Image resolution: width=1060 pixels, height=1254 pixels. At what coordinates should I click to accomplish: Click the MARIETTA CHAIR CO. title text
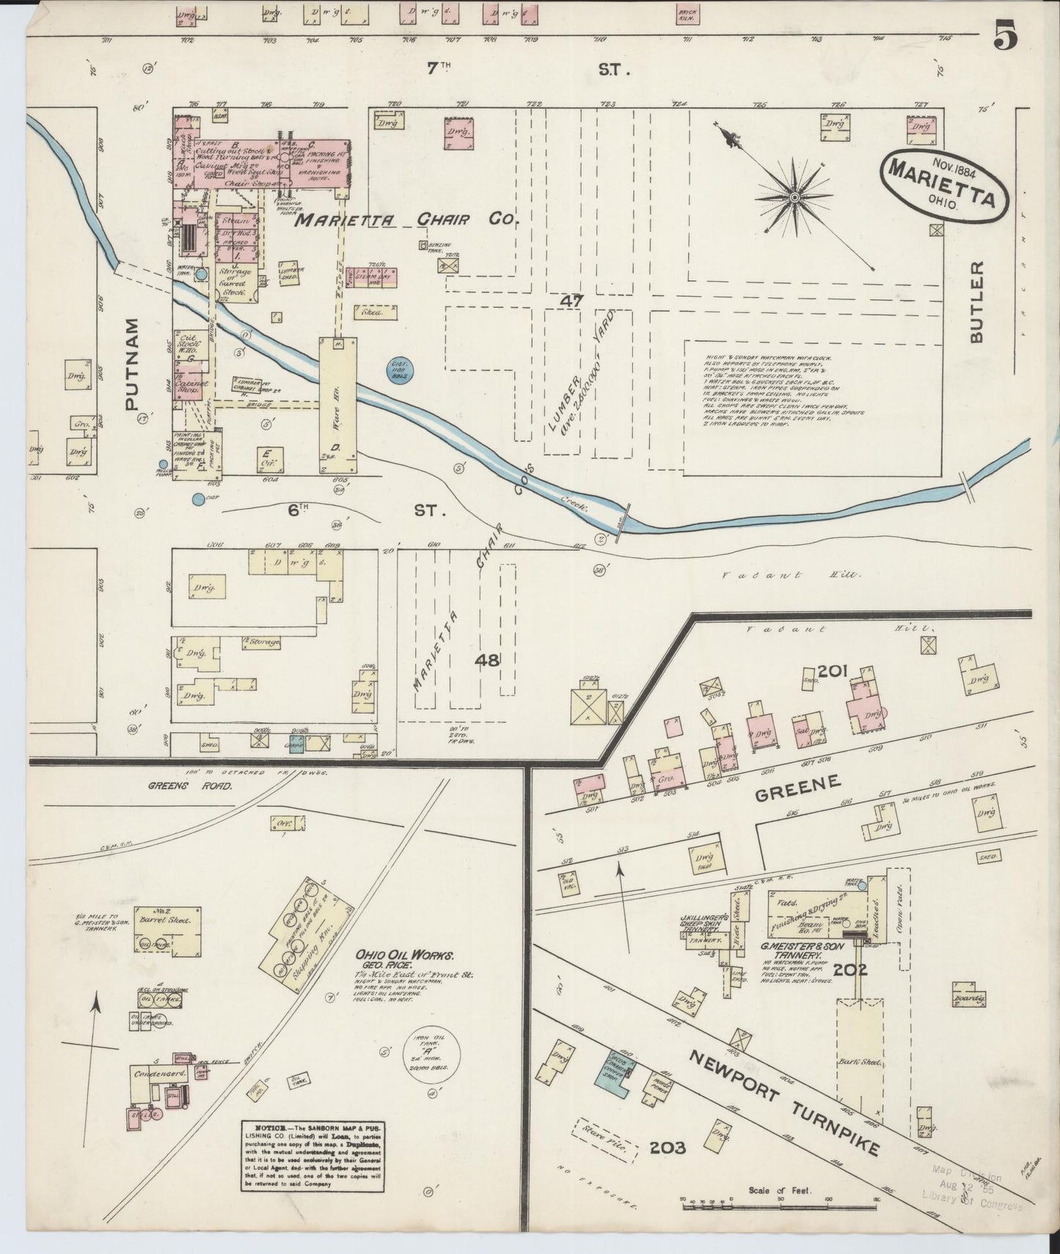407,219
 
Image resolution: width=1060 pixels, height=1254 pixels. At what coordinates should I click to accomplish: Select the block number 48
487,660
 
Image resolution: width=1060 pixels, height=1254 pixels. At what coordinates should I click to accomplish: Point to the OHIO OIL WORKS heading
405,956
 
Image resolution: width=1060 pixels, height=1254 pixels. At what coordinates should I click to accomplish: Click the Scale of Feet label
780,1191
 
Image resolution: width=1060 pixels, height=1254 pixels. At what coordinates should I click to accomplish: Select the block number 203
667,1147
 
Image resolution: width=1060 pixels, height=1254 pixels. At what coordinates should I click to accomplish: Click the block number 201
833,670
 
